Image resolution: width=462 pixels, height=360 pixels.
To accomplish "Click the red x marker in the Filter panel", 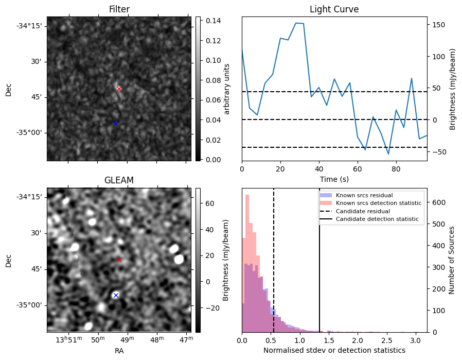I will [x=119, y=89].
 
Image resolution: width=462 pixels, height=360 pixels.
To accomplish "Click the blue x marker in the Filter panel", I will [x=115, y=124].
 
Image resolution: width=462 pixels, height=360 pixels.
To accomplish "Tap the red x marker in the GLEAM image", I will [x=119, y=260].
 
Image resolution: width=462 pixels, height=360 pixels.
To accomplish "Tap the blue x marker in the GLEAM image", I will [x=116, y=295].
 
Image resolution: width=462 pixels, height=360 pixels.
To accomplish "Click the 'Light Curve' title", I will [x=334, y=9].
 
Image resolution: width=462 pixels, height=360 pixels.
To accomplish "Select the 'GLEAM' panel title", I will [x=119, y=180].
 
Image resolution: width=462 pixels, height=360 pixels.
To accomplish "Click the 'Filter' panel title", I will [x=119, y=9].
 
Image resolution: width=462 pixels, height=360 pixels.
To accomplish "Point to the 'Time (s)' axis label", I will [x=334, y=179].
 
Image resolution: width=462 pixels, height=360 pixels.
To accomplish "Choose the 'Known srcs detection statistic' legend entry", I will [x=378, y=203].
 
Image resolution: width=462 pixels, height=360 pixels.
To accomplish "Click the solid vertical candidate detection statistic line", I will [x=319, y=268].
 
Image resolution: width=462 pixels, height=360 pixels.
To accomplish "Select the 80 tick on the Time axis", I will [x=396, y=169].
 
